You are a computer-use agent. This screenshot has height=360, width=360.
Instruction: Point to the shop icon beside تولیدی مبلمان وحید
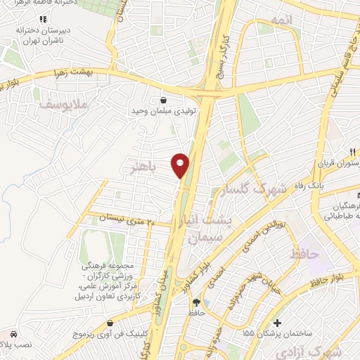[x=163, y=100]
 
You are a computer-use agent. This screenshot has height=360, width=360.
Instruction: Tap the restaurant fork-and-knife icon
[x=354, y=150]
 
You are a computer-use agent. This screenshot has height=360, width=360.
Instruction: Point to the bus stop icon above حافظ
[x=195, y=301]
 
